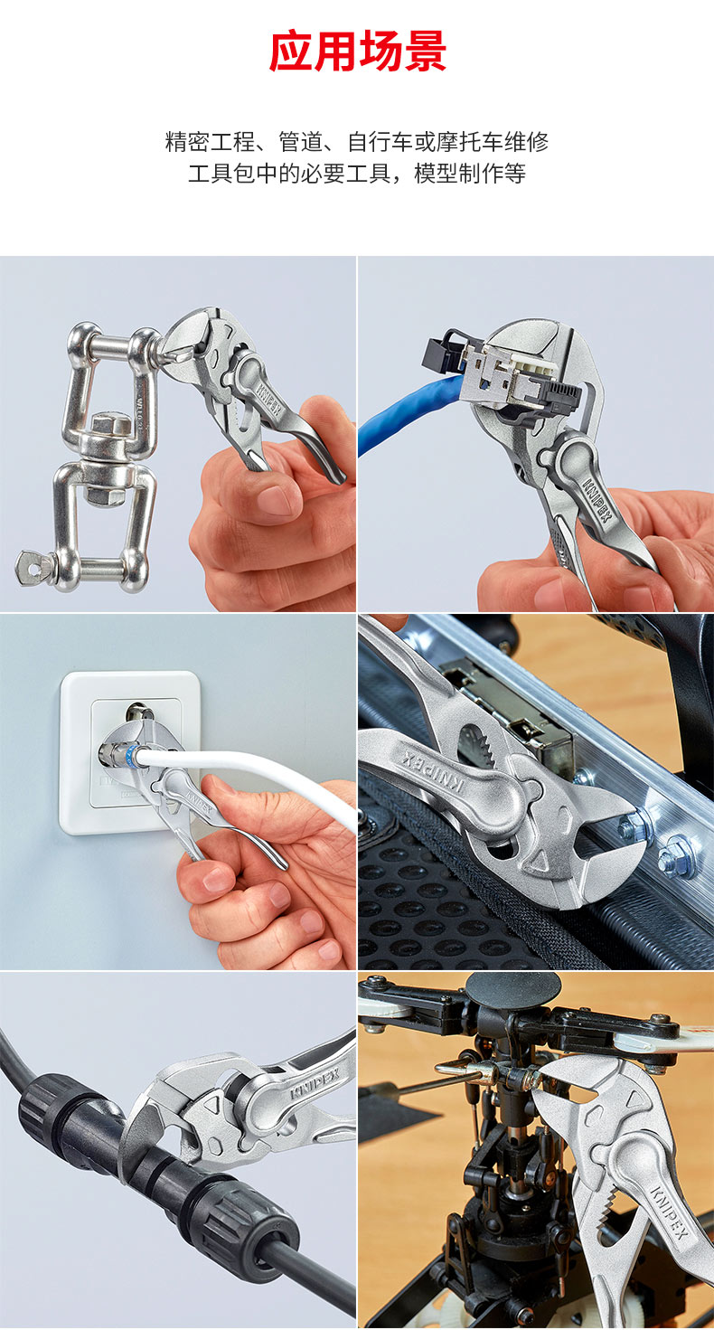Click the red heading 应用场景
tap(357, 52)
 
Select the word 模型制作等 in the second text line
tap(469, 174)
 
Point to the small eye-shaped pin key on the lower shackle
tap(33, 568)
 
